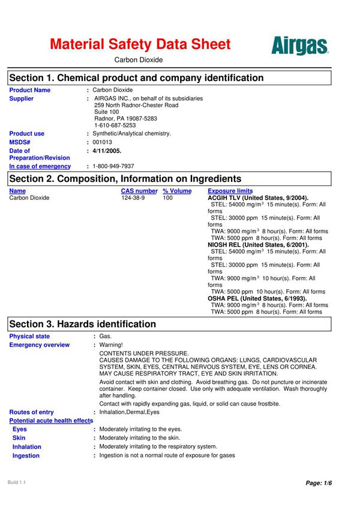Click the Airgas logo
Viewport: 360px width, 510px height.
click(x=299, y=46)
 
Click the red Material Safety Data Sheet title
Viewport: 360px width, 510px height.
click(x=140, y=44)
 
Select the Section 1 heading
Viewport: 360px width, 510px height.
click(x=136, y=78)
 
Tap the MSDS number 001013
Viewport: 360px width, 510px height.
click(x=102, y=142)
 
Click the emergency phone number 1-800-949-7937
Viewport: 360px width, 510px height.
click(x=113, y=166)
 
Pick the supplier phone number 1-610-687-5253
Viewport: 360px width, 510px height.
click(x=115, y=125)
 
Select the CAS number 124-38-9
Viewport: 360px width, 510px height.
click(x=133, y=197)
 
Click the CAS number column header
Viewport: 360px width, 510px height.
click(x=139, y=191)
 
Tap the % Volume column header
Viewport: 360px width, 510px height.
click(x=177, y=191)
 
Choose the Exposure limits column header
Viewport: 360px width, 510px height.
click(x=230, y=191)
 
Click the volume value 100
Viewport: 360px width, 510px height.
click(x=167, y=197)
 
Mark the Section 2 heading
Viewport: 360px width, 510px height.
click(x=125, y=179)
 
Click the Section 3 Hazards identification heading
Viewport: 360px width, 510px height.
click(x=82, y=324)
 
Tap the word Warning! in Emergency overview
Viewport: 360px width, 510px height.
click(x=111, y=345)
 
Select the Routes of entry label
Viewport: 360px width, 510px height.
click(x=31, y=412)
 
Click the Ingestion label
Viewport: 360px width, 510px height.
click(x=26, y=455)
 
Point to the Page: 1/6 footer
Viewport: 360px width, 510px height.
click(x=319, y=483)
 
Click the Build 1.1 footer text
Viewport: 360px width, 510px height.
click(x=17, y=482)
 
